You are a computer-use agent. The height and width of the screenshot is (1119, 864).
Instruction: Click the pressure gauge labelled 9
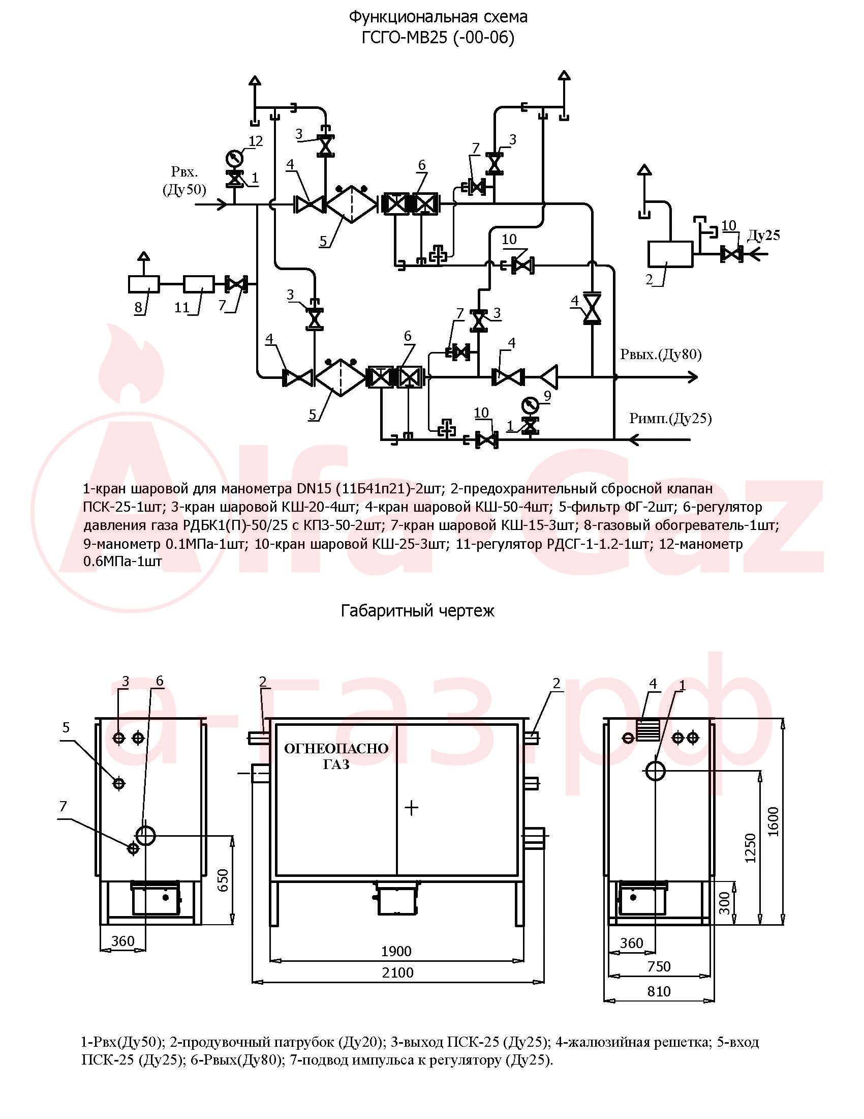529,405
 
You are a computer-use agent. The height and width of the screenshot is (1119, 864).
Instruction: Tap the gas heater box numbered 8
144,284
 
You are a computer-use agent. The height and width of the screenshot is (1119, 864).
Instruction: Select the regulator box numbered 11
199,284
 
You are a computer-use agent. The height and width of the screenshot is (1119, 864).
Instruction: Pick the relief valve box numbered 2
670,254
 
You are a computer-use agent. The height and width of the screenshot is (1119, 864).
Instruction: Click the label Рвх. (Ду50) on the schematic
184,181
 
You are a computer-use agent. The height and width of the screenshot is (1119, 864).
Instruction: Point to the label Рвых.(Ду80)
661,355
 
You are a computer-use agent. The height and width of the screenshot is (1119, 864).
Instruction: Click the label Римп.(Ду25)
670,419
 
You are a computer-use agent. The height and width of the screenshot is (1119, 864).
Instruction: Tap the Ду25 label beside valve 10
763,235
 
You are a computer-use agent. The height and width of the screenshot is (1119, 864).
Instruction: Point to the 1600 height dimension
773,821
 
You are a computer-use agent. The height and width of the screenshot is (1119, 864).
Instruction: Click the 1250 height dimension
750,848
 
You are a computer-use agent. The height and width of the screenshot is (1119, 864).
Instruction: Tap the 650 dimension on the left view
223,880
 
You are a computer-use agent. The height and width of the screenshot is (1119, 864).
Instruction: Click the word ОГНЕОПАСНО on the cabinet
336,749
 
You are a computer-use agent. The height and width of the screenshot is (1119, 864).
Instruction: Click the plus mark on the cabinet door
412,808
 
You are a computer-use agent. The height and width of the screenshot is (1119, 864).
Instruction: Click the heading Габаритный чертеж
418,610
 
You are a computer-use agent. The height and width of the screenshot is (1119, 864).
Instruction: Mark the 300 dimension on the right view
725,903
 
